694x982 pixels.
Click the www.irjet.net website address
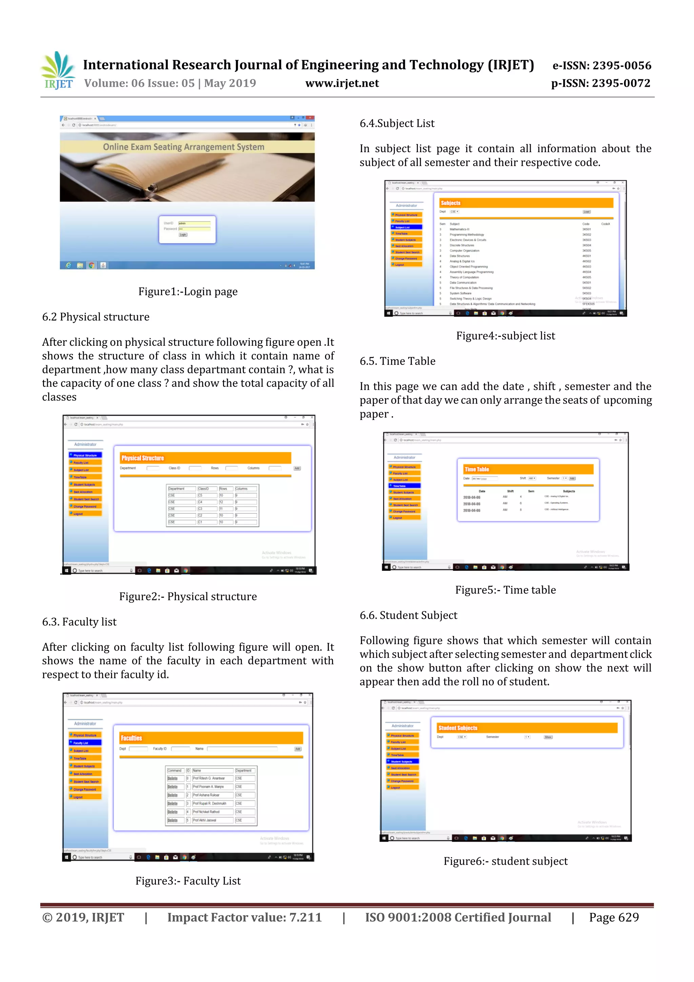pyautogui.click(x=342, y=83)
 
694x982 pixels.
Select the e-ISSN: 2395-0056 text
pyautogui.click(x=601, y=65)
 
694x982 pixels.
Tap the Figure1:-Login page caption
pyautogui.click(x=188, y=292)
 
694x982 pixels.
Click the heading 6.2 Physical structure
pyautogui.click(x=96, y=317)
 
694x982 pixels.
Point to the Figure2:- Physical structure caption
pyautogui.click(x=188, y=597)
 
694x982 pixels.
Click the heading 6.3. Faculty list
pyautogui.click(x=79, y=622)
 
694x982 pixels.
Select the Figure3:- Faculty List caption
pyautogui.click(x=188, y=881)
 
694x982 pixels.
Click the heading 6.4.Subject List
pyautogui.click(x=397, y=124)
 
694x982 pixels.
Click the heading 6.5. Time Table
pyautogui.click(x=397, y=361)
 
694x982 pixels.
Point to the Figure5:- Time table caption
pyautogui.click(x=506, y=590)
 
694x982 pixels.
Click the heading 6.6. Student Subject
pyautogui.click(x=408, y=616)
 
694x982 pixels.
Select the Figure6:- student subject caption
pyautogui.click(x=506, y=861)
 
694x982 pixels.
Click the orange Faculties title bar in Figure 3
pyautogui.click(x=211, y=738)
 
